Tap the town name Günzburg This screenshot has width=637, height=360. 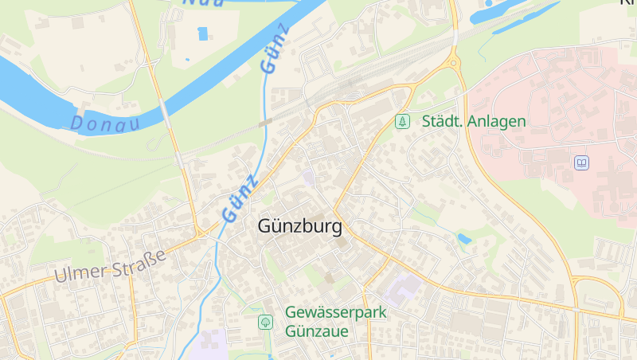(x=300, y=226)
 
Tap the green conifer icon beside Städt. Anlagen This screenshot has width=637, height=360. (x=403, y=121)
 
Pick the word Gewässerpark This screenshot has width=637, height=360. (x=336, y=312)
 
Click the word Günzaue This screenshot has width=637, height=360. (x=317, y=331)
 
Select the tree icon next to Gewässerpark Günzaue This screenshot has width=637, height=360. (x=265, y=322)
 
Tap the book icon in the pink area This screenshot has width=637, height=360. (x=582, y=162)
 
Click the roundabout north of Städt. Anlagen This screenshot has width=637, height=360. (x=454, y=61)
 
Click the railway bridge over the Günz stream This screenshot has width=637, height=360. (x=266, y=123)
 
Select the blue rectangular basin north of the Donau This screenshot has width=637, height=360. (x=202, y=33)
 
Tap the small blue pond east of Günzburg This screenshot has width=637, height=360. (x=464, y=238)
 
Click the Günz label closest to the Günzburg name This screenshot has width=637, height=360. (x=240, y=198)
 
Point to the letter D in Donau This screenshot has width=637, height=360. (x=77, y=123)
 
